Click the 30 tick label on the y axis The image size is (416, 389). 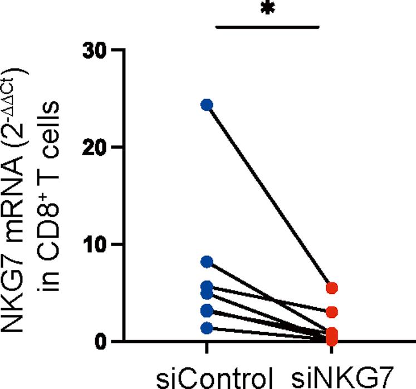click(94, 50)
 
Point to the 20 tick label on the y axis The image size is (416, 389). click(94, 147)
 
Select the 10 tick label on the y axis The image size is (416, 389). click(94, 244)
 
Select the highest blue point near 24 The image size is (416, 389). click(207, 105)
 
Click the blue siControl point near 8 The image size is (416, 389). click(207, 262)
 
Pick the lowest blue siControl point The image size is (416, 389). click(207, 328)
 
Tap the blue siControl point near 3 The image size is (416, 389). click(207, 310)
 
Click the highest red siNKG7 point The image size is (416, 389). click(332, 288)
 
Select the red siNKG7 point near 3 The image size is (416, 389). click(332, 312)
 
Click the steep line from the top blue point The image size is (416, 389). click(269, 196)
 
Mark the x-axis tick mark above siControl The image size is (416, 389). click(207, 347)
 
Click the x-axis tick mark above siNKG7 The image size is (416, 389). click(332, 347)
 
